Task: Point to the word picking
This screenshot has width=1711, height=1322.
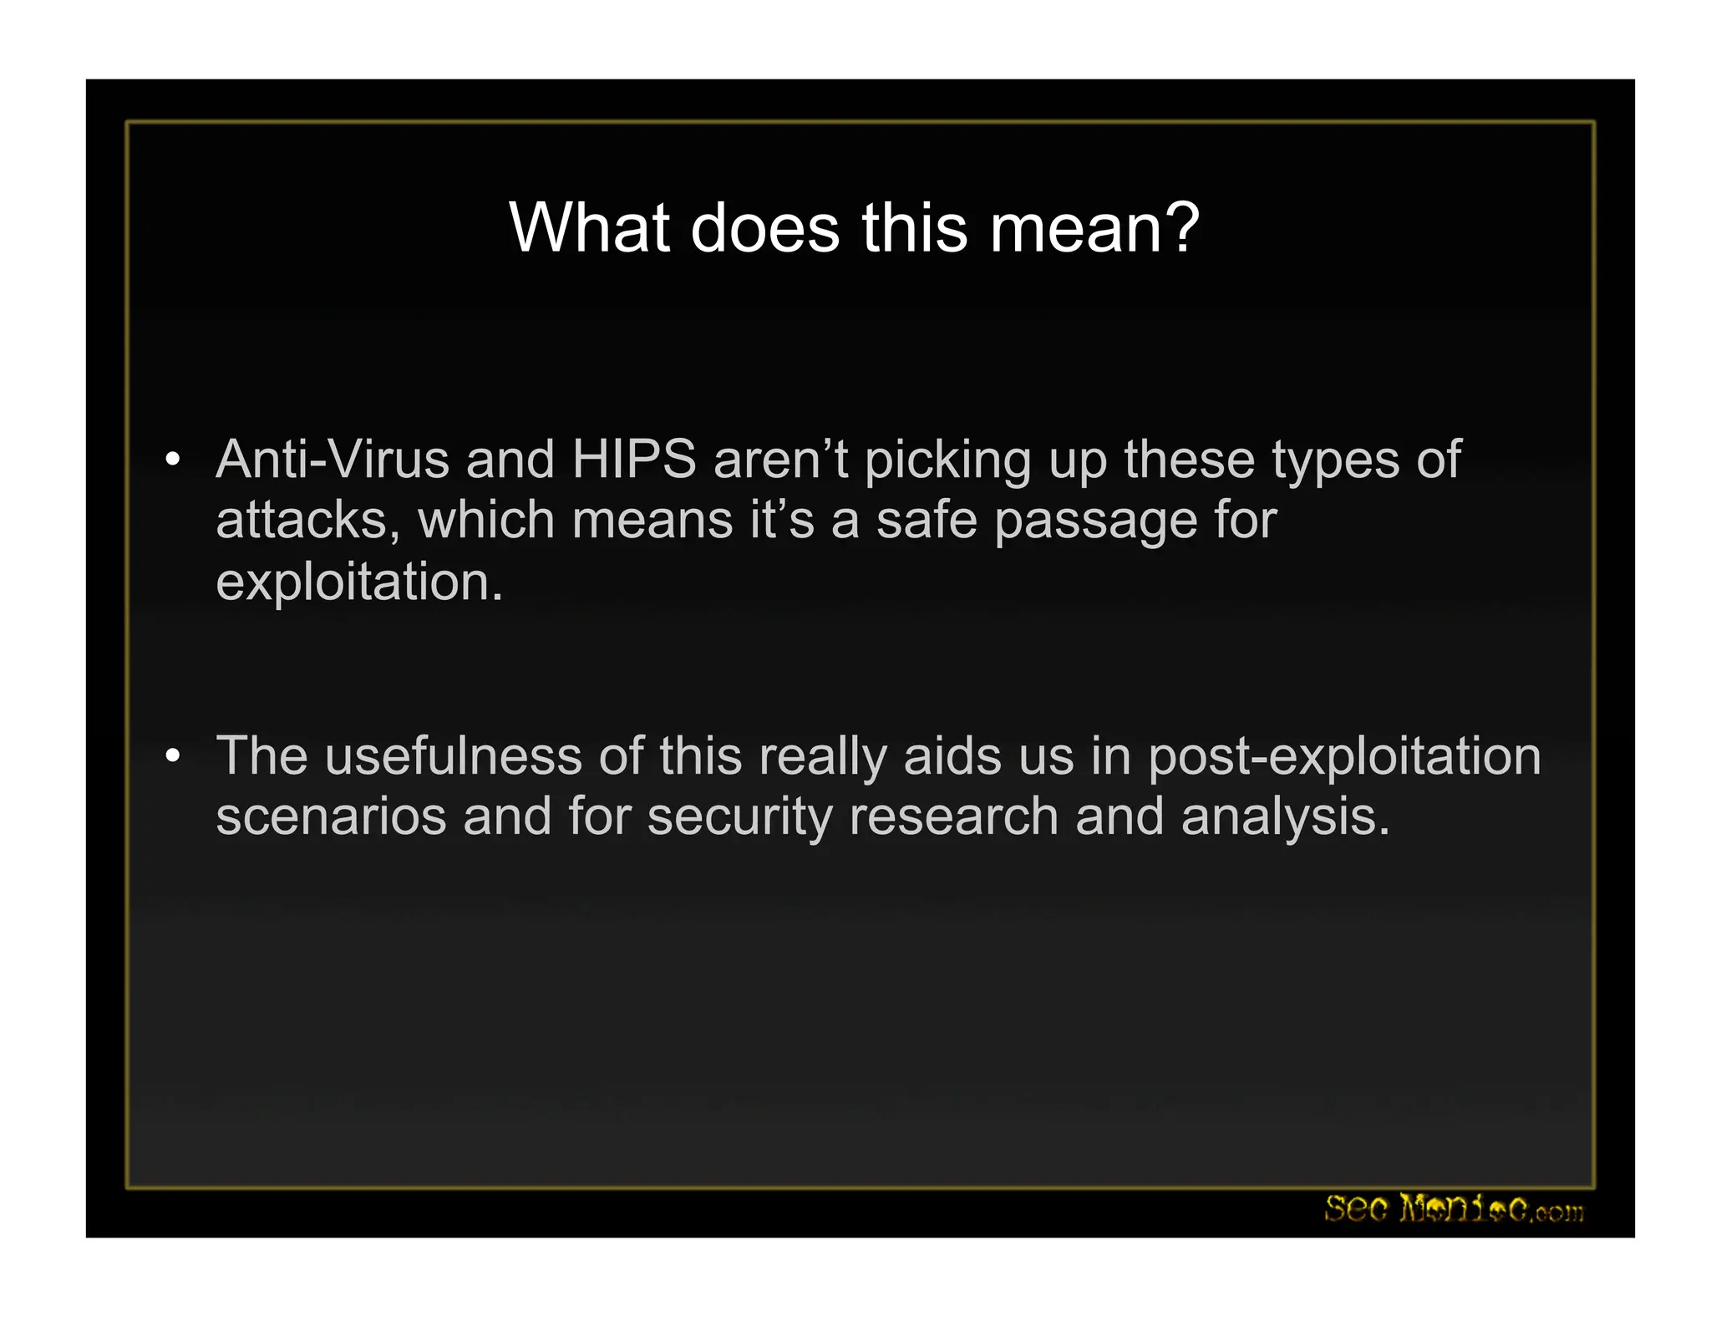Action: click(948, 461)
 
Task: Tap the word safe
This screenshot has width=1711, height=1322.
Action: click(927, 520)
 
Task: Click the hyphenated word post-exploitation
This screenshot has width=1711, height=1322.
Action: click(1344, 757)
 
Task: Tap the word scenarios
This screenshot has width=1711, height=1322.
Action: click(331, 816)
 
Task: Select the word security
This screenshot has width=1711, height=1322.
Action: click(739, 817)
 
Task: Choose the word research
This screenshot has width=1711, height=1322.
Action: click(953, 816)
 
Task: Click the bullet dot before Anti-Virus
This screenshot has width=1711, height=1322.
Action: click(173, 460)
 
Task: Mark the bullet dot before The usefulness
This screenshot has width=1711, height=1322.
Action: click(173, 756)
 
